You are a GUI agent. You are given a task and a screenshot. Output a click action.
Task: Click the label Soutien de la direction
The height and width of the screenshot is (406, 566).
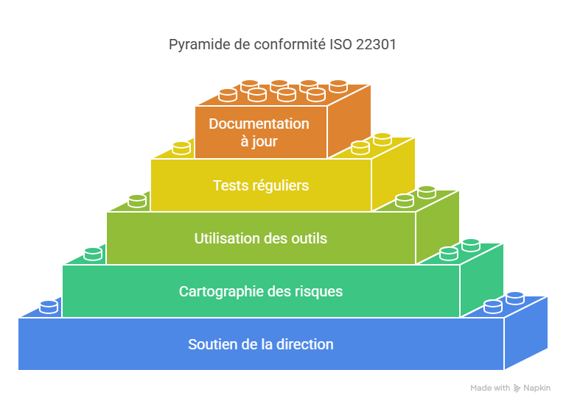pyautogui.click(x=261, y=344)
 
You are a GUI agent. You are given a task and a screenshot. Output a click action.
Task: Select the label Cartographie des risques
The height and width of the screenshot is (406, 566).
pyautogui.click(x=261, y=291)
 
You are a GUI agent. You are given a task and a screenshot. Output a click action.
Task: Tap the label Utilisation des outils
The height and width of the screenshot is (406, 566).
pyautogui.click(x=261, y=238)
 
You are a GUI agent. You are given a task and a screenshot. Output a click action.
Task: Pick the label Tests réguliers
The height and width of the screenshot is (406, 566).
pyautogui.click(x=261, y=185)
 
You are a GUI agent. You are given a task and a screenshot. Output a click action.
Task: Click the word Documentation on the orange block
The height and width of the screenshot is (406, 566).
pyautogui.click(x=259, y=124)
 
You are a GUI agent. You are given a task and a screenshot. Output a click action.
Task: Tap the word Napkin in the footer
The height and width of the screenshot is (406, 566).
pyautogui.click(x=537, y=388)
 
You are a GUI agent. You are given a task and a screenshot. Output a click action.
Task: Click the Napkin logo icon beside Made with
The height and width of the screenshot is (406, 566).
pyautogui.click(x=517, y=388)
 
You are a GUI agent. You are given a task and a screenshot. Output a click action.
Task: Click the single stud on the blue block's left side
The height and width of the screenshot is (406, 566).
pyautogui.click(x=49, y=306)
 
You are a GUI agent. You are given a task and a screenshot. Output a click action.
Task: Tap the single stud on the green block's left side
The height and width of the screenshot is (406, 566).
pyautogui.click(x=93, y=253)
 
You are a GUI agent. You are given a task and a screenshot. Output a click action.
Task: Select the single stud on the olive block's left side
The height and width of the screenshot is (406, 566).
pyautogui.click(x=137, y=200)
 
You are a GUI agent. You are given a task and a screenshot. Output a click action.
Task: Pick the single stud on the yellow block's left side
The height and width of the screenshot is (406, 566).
pyautogui.click(x=181, y=147)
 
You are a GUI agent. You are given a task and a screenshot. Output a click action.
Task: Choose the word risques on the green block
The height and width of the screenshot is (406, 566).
pyautogui.click(x=318, y=291)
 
